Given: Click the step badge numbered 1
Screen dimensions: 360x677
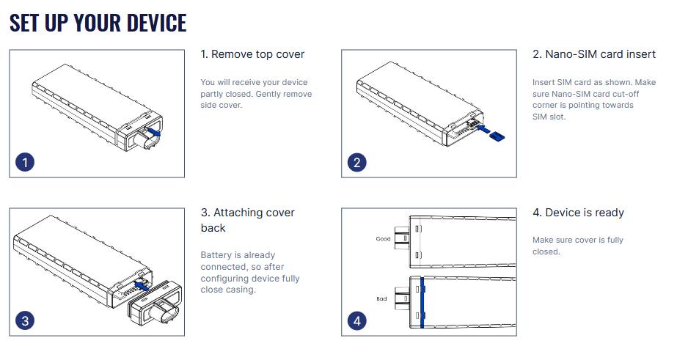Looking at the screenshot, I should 26,162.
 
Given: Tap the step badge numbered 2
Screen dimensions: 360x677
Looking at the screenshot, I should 357,162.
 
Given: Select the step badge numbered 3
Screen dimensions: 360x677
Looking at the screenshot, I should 26,320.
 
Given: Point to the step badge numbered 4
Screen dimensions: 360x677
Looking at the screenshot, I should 357,320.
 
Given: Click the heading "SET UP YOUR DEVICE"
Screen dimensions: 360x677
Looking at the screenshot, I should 98,23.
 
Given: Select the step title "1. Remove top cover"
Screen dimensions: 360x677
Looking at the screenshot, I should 252,54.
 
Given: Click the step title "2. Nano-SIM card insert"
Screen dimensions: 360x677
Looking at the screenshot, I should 593,54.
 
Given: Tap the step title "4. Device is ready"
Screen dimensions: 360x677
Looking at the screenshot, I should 578,213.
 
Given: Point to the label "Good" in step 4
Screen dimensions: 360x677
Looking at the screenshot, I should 383,239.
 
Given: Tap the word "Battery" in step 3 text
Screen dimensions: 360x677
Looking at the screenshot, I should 217,255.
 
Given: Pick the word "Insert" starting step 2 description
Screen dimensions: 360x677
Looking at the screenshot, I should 544,82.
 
